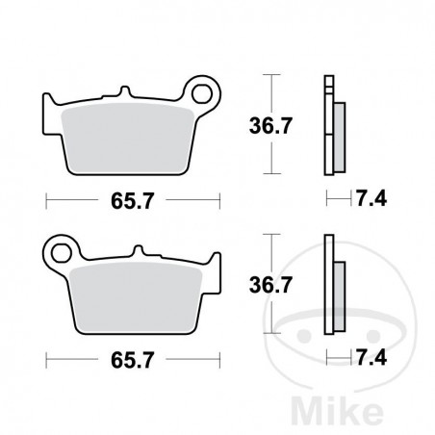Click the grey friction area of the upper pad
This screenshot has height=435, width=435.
(135, 140)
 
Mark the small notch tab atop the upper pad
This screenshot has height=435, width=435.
(124, 92)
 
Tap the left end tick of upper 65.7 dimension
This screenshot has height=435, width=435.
(47, 202)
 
